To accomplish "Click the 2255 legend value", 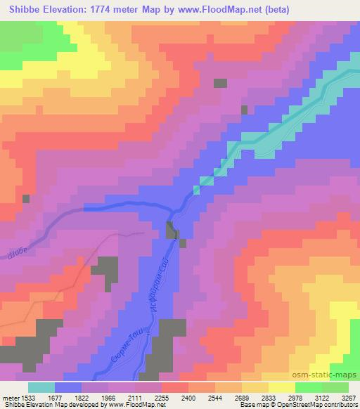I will [162, 396].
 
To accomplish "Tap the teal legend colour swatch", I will [41, 387].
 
